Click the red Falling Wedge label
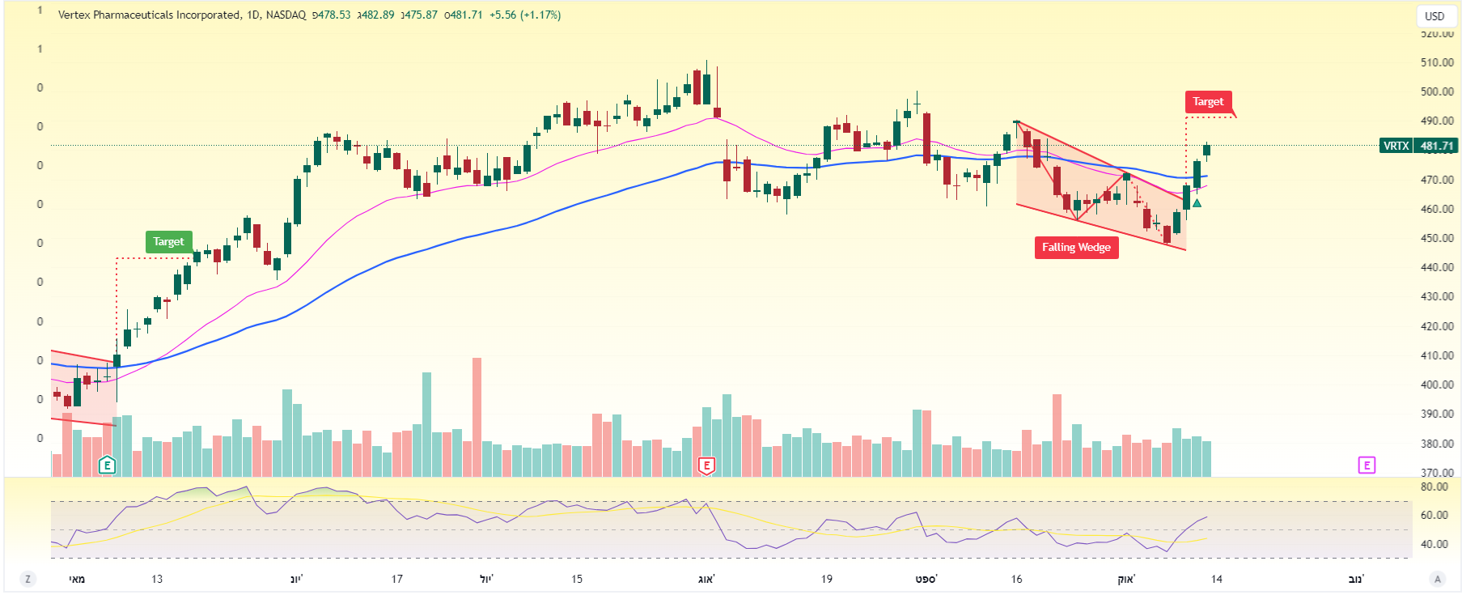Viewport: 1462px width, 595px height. pyautogui.click(x=1076, y=248)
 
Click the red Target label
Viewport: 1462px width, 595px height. pyautogui.click(x=1208, y=102)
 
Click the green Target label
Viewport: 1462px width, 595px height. pyautogui.click(x=168, y=242)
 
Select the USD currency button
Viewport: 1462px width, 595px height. pyautogui.click(x=1434, y=16)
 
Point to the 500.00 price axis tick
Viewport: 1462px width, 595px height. pyautogui.click(x=1437, y=91)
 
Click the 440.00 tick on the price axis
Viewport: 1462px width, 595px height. pyautogui.click(x=1437, y=267)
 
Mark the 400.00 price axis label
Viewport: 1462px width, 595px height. pyautogui.click(x=1437, y=385)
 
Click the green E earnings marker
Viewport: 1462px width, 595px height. pyautogui.click(x=107, y=465)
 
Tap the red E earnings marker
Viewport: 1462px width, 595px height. pyautogui.click(x=706, y=465)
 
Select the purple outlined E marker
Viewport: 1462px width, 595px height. pyautogui.click(x=1367, y=465)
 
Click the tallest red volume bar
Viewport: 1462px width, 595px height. pyautogui.click(x=477, y=417)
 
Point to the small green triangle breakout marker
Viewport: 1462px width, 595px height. pyautogui.click(x=1197, y=202)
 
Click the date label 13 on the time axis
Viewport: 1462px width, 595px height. pyautogui.click(x=157, y=579)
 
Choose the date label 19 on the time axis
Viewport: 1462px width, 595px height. pyautogui.click(x=826, y=579)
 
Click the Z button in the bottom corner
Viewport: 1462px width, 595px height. pyautogui.click(x=28, y=579)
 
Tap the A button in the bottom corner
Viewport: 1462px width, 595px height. pyautogui.click(x=1437, y=579)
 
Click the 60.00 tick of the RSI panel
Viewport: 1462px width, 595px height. pyautogui.click(x=1434, y=515)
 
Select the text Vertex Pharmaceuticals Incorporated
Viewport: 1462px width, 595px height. pyautogui.click(x=150, y=15)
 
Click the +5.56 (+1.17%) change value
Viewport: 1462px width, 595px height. pyautogui.click(x=525, y=15)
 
